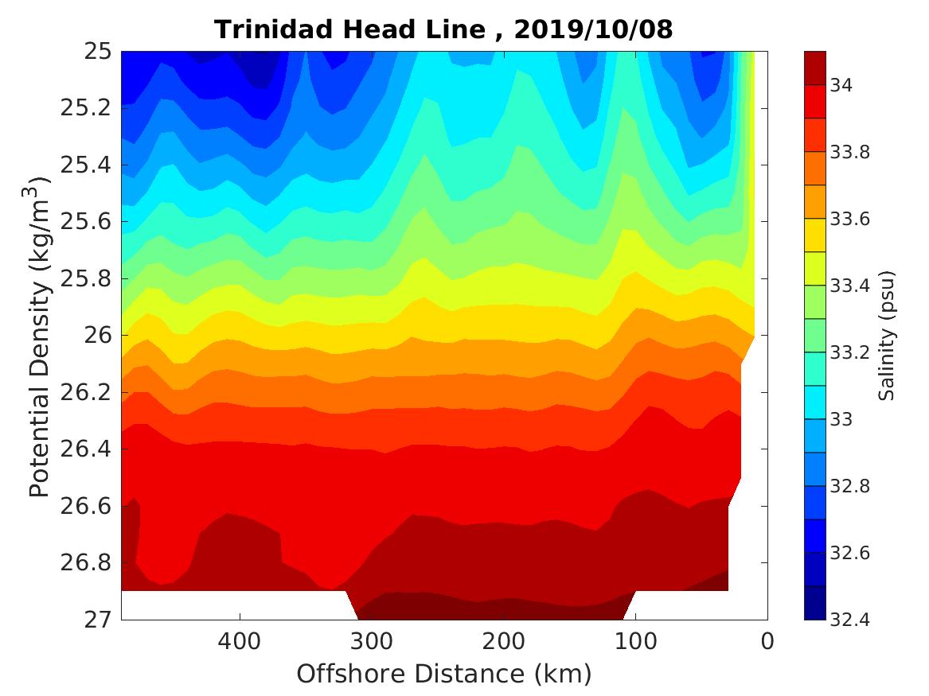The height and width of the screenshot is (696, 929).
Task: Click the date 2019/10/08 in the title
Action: coord(594,29)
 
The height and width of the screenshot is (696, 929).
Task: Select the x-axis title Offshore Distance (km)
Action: coord(443,674)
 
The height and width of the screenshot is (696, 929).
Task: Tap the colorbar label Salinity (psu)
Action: coord(888,336)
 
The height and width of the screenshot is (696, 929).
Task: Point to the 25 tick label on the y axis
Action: coord(98,52)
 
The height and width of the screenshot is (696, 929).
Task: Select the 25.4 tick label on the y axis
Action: coord(87,165)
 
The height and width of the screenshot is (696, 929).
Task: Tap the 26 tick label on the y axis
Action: coord(98,336)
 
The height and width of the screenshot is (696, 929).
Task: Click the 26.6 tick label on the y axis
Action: coord(87,506)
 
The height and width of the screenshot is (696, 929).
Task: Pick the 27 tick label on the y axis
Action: coord(98,619)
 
